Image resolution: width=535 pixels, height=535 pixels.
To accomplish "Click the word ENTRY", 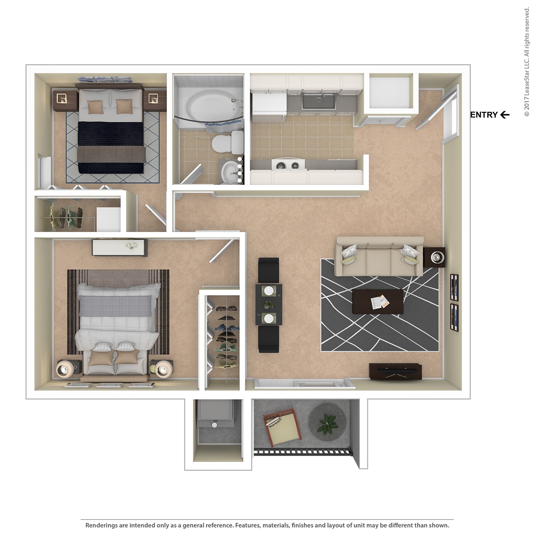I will tap(484, 115).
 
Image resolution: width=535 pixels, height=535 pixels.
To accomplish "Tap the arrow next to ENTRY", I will tap(505, 115).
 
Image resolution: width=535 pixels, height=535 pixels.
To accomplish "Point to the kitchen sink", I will tap(318, 100).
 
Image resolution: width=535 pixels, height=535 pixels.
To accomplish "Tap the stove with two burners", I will tap(288, 165).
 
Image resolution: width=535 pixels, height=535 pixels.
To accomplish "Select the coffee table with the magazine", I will tap(378, 302).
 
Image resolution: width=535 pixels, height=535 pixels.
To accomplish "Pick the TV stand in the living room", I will tap(395, 371).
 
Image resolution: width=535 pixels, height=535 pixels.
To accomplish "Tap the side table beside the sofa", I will tap(435, 257).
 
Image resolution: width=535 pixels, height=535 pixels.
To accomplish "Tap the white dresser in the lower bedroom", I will tap(119, 248).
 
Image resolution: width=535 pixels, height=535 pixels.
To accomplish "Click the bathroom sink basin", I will tap(228, 172).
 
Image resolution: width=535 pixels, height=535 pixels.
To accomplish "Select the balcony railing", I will tap(302, 452).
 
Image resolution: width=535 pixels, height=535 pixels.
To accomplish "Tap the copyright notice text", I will tap(527, 62).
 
